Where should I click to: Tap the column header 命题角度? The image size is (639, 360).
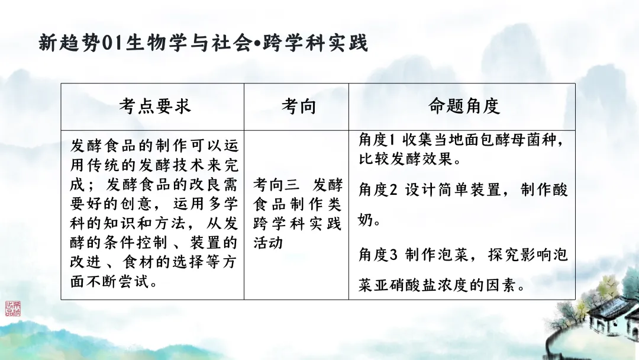464,106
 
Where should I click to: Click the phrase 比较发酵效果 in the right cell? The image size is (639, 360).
402,160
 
